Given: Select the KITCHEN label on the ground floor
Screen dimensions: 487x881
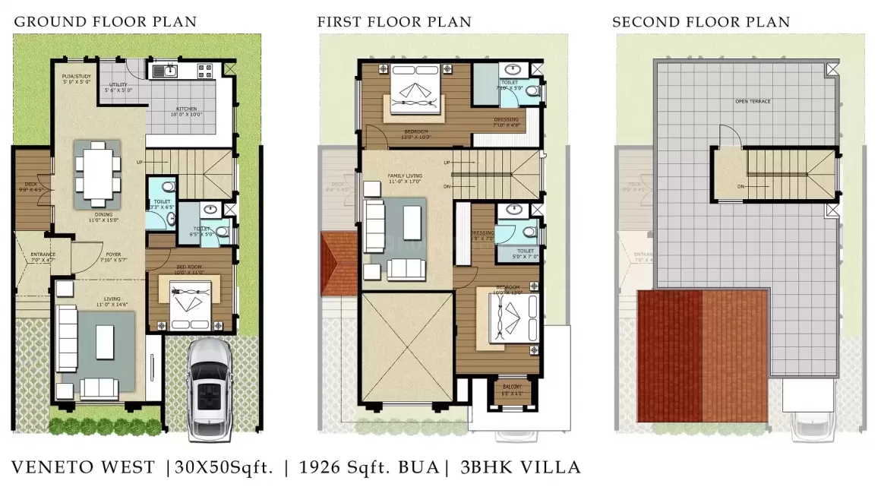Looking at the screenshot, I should tap(187, 112).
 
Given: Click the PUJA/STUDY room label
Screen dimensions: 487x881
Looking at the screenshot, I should tap(76, 78).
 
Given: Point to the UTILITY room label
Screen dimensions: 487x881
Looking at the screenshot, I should tap(118, 87).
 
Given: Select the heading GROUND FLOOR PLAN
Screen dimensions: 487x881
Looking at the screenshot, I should tap(106, 21).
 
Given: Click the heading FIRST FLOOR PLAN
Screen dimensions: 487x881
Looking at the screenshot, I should tap(394, 21).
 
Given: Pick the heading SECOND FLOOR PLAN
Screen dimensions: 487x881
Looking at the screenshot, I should tap(701, 21).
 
